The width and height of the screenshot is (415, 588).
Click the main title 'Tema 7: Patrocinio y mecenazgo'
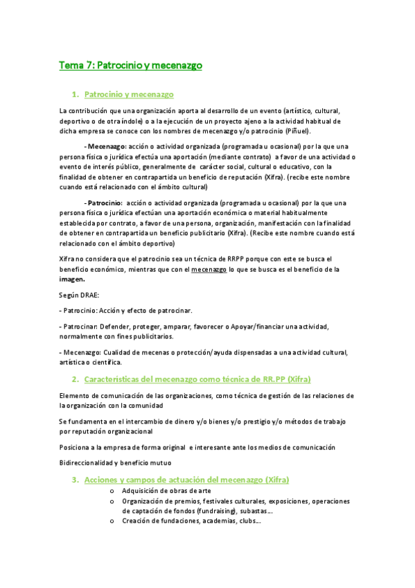[x=130, y=66]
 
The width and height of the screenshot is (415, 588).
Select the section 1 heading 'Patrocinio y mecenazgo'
[x=128, y=94]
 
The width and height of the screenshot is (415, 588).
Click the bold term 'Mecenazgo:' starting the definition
[x=107, y=147]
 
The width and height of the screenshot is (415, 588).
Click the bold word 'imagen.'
[x=73, y=279]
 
